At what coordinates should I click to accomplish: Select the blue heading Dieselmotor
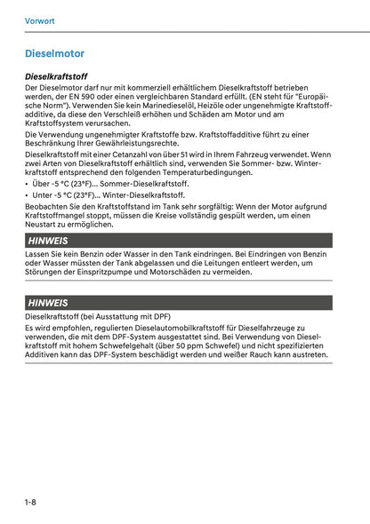(x=56, y=53)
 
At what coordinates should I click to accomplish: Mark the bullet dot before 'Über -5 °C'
(x=28, y=184)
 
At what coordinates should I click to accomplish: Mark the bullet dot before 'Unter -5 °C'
(x=28, y=195)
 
